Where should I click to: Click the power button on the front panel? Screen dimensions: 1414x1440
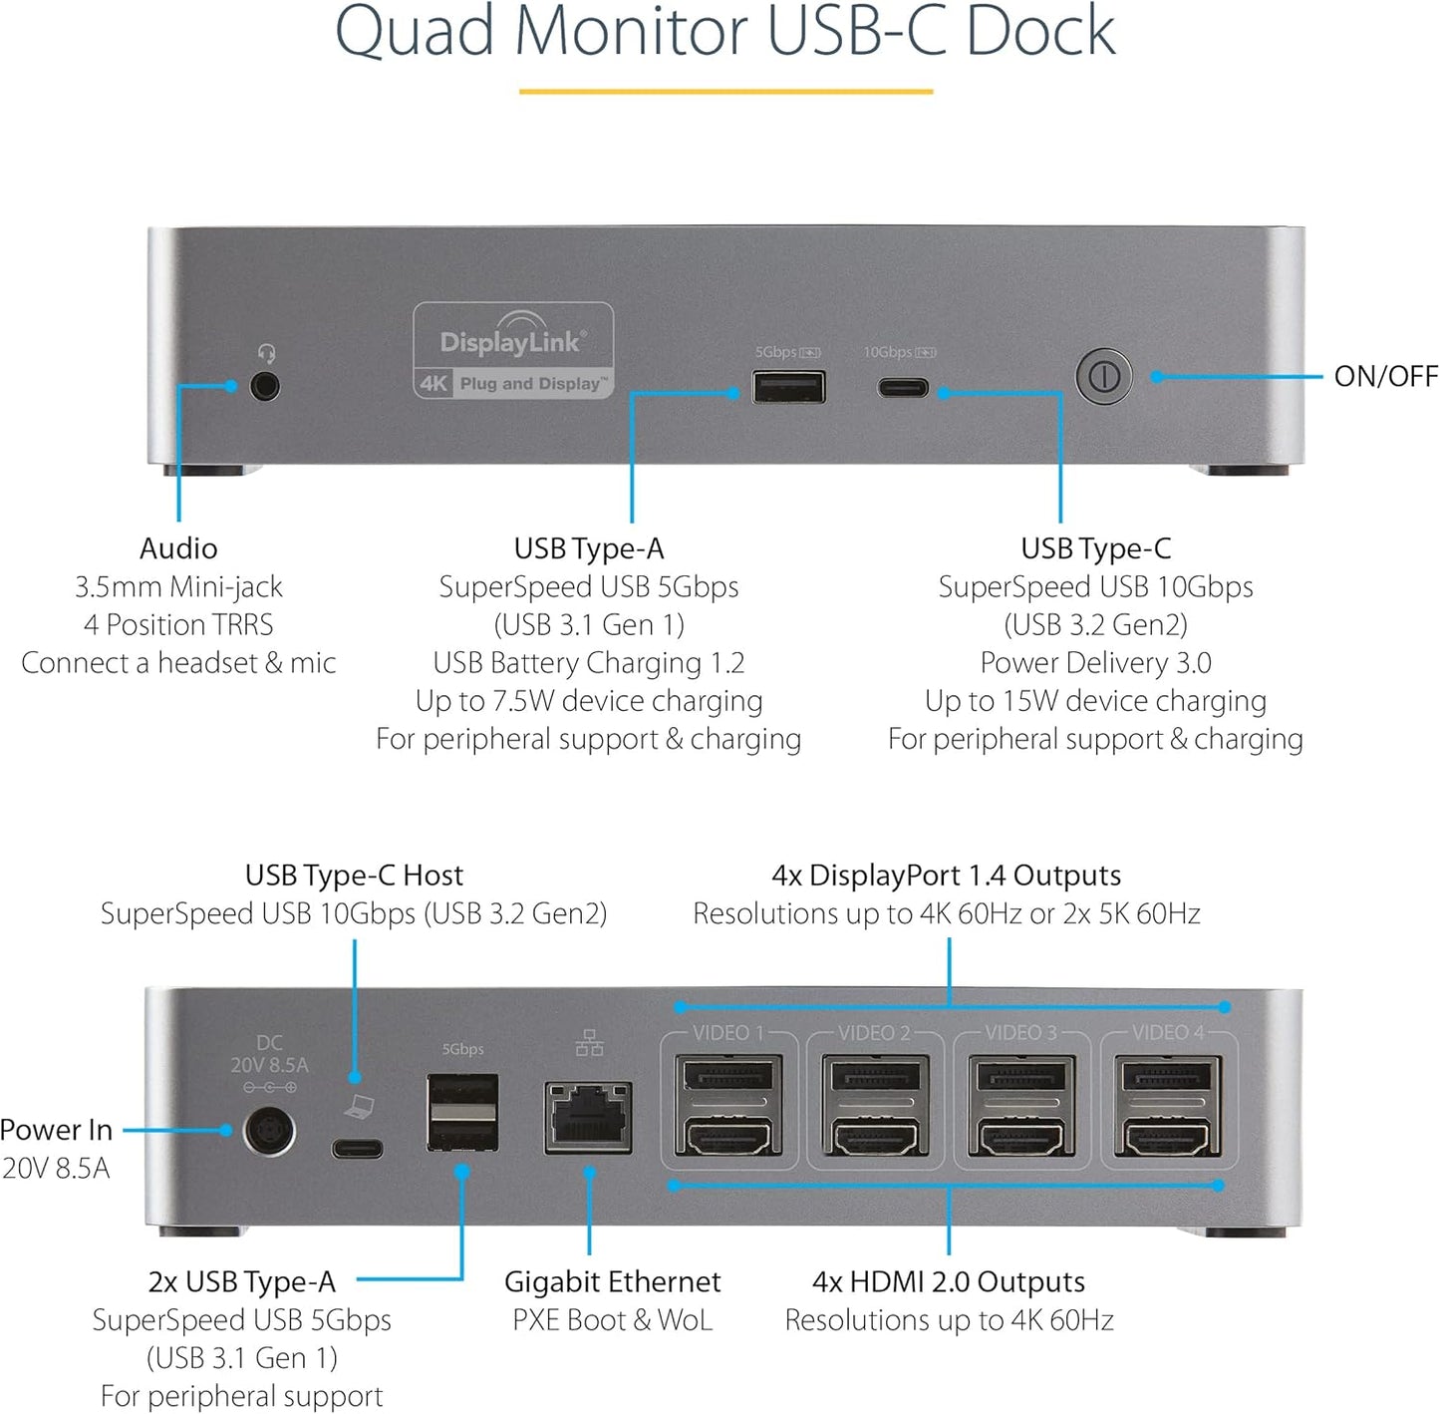click(1103, 377)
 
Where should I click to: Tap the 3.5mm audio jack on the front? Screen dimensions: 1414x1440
click(264, 386)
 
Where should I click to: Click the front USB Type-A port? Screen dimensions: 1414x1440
click(788, 387)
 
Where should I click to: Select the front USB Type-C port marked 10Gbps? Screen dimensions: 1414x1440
click(903, 388)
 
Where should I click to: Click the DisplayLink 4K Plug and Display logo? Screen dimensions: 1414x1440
click(513, 351)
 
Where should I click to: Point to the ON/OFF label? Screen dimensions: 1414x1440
click(1385, 376)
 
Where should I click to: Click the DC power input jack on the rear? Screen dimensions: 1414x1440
click(269, 1132)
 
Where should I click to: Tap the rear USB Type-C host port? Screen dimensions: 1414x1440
click(357, 1149)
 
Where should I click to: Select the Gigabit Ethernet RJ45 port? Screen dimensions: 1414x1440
click(588, 1118)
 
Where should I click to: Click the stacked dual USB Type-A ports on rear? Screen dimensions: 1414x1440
click(462, 1113)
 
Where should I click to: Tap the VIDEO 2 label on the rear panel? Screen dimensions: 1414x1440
click(873, 1033)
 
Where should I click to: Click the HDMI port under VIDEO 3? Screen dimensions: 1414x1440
click(1021, 1136)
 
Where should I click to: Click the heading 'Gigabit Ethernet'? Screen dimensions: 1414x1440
click(612, 1281)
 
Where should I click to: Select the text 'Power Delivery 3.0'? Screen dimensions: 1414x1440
click(1095, 663)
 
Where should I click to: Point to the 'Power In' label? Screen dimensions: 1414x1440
click(57, 1130)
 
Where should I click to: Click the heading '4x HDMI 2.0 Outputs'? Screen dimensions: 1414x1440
click(948, 1281)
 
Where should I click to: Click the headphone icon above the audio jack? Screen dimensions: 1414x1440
click(266, 353)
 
